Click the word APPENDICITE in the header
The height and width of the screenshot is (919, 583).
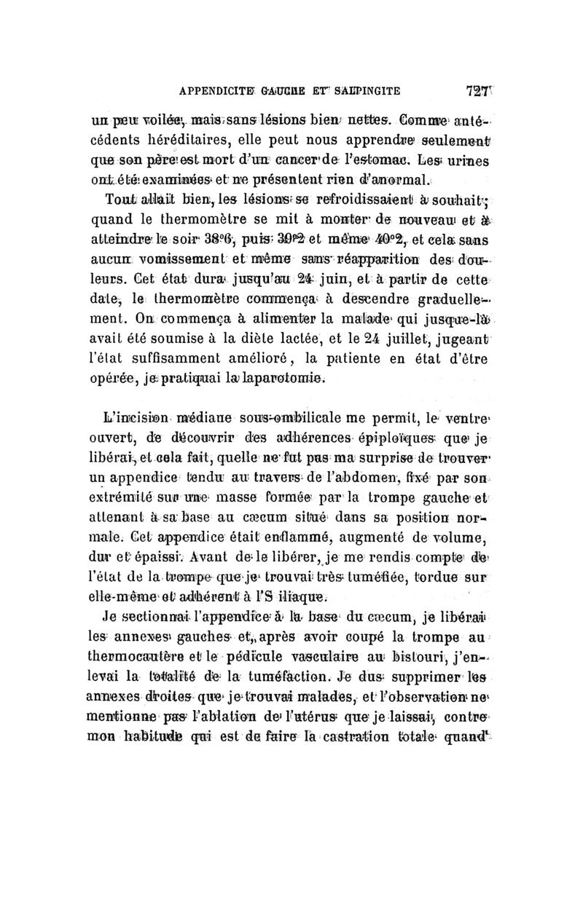click(212, 92)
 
